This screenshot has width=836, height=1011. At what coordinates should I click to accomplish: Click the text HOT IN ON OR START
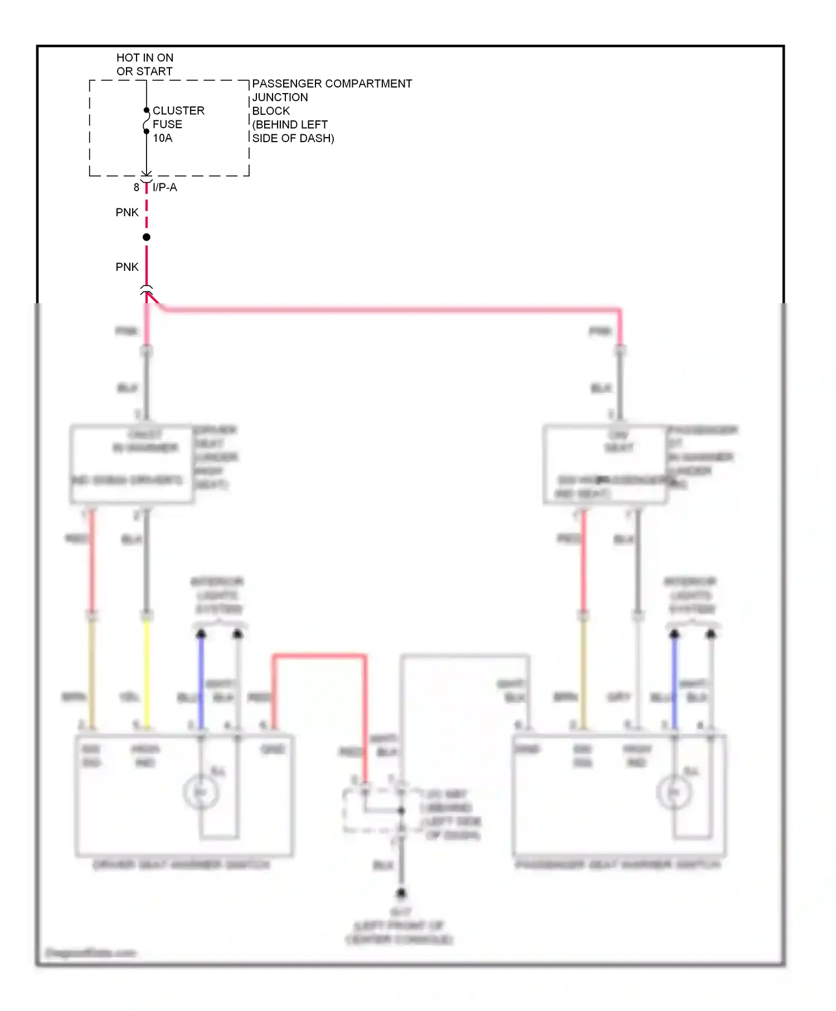144,65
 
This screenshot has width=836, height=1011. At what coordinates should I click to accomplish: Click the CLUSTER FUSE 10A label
178,124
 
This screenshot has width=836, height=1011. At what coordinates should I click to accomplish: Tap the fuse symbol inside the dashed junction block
146,121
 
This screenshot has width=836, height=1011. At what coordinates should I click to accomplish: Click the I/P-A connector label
164,188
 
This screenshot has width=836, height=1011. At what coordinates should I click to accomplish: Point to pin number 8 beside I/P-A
136,188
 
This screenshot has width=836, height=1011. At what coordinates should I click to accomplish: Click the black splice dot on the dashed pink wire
146,237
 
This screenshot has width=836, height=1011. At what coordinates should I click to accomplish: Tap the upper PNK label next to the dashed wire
127,212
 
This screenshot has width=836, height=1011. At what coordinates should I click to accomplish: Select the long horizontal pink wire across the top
390,309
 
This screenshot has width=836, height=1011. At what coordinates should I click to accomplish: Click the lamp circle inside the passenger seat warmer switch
674,792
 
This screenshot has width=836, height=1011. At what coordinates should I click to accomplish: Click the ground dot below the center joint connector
401,893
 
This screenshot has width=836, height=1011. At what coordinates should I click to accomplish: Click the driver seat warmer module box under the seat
132,464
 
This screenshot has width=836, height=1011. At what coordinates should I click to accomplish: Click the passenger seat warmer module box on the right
605,464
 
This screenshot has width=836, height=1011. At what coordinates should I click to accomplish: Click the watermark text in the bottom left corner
91,952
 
